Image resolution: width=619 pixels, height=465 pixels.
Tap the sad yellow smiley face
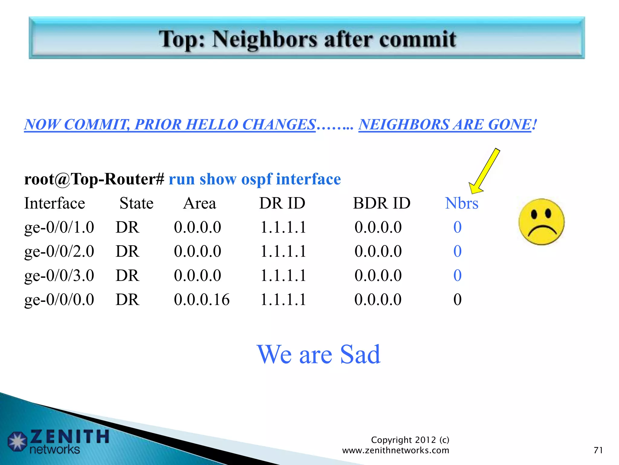[x=541, y=222]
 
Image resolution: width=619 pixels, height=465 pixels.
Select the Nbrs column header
[x=462, y=203]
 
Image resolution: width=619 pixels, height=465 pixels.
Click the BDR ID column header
[x=381, y=203]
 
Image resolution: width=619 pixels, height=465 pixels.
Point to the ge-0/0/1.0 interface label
[x=59, y=227]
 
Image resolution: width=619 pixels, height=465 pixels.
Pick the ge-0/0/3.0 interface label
[x=59, y=275]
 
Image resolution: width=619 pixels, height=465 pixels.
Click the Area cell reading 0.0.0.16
[x=202, y=300]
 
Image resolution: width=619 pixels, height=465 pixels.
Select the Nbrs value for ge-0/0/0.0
[x=457, y=300]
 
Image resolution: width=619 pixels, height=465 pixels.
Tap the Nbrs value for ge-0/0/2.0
[x=457, y=251]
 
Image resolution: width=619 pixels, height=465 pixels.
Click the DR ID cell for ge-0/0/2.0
[x=283, y=251]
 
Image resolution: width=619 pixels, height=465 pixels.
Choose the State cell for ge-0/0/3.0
[x=127, y=275]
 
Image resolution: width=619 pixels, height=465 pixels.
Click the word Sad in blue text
[x=360, y=354]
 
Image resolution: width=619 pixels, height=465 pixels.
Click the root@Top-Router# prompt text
[x=94, y=179]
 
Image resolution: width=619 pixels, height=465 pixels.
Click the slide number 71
[x=598, y=450]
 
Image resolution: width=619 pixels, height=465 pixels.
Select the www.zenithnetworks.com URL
[x=395, y=450]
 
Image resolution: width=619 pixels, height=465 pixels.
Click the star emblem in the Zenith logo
[x=18, y=441]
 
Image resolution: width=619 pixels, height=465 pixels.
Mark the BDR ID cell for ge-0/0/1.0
[x=378, y=227]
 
